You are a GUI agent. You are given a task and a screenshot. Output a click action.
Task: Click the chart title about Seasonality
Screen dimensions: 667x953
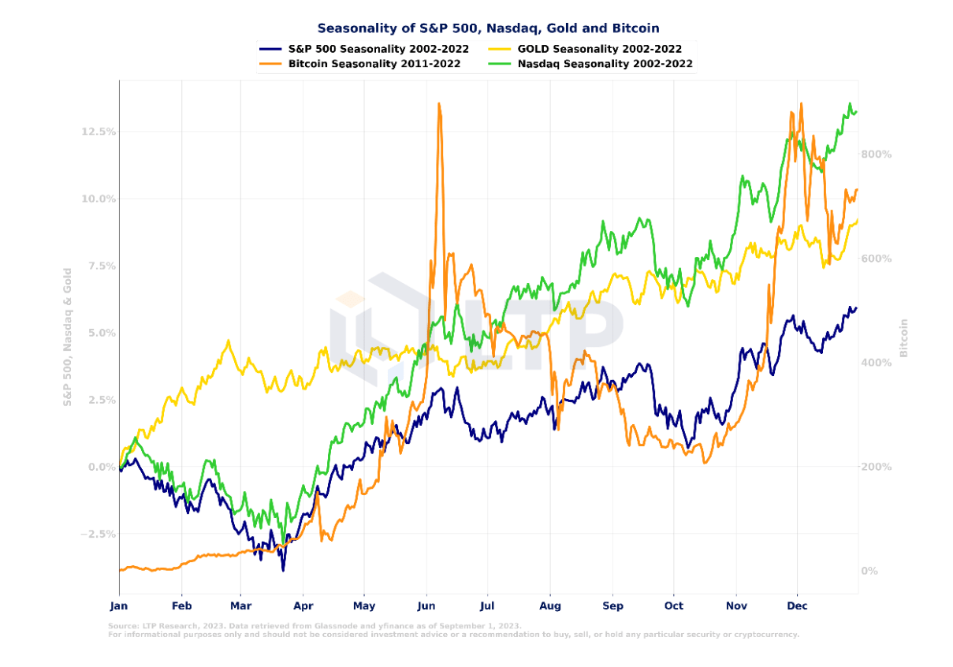coord(488,28)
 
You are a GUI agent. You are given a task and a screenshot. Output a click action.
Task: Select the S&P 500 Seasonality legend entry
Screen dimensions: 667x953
coord(378,49)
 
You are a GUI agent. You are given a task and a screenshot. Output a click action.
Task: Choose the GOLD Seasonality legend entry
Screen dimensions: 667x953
coord(599,49)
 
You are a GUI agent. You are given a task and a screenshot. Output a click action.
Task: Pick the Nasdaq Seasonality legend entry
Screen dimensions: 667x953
coord(605,64)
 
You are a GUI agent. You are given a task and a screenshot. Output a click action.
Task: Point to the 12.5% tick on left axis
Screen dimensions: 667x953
coord(98,132)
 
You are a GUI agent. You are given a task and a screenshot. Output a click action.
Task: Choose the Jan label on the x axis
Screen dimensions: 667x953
coord(118,607)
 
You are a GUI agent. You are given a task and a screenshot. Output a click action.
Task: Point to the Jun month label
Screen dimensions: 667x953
coord(426,607)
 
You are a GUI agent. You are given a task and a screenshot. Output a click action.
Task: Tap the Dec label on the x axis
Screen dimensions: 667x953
coord(797,607)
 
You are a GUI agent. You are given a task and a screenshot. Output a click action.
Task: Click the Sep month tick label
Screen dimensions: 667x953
coord(612,607)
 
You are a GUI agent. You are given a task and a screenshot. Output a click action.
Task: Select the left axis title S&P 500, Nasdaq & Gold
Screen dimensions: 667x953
coord(68,337)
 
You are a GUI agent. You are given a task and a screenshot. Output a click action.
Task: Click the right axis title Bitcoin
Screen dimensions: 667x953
coord(904,337)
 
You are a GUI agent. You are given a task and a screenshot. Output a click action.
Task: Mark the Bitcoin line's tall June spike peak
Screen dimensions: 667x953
coord(439,103)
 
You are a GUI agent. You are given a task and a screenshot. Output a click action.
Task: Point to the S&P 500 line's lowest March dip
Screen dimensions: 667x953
coord(282,569)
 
